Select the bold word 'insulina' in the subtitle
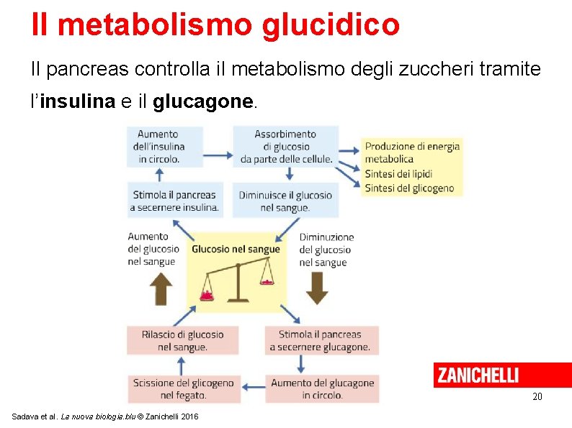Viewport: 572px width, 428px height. [x=78, y=101]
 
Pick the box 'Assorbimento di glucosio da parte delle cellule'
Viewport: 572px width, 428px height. [x=286, y=146]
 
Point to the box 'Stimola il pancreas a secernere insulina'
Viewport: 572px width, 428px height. [x=174, y=201]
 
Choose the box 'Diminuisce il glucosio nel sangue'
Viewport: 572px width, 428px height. [x=286, y=201]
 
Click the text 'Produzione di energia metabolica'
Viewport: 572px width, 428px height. [x=412, y=152]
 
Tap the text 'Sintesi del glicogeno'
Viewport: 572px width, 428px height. [x=409, y=188]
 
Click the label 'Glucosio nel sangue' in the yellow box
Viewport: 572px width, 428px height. [x=236, y=249]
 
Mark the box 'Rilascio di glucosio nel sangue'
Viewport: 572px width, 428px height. [x=183, y=340]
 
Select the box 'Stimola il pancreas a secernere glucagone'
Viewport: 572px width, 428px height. [x=320, y=340]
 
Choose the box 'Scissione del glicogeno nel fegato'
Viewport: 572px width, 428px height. [x=183, y=388]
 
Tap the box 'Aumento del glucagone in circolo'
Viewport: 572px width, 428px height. [x=322, y=388]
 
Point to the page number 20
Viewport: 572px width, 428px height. [x=537, y=397]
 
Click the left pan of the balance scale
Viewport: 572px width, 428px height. [x=209, y=295]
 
